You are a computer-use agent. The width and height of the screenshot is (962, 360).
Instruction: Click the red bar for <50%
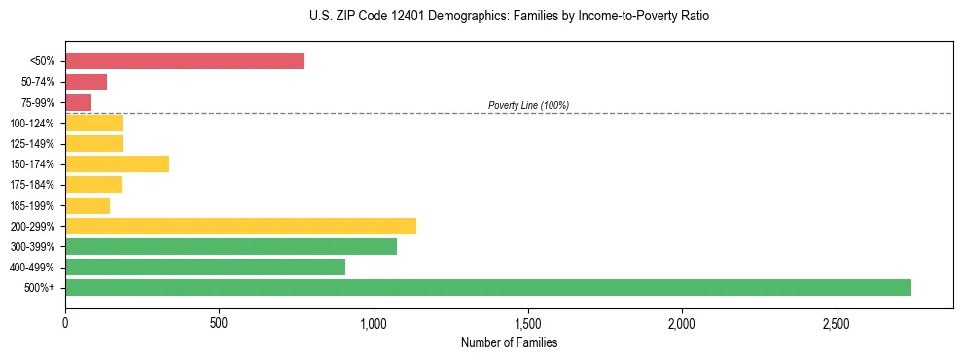pyautogui.click(x=185, y=61)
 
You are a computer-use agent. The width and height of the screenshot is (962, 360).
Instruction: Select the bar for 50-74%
pyautogui.click(x=86, y=82)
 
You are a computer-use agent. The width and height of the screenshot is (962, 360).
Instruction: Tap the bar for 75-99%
pyautogui.click(x=78, y=102)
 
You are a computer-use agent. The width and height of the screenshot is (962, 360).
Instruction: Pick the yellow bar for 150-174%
pyautogui.click(x=117, y=163)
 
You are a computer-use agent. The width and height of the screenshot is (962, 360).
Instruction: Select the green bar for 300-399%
pyautogui.click(x=231, y=246)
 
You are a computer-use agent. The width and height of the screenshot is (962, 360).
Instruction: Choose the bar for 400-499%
pyautogui.click(x=205, y=267)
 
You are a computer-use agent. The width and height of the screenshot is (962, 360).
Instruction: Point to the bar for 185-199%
pyautogui.click(x=88, y=205)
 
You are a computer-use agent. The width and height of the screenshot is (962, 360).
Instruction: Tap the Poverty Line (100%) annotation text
pyautogui.click(x=528, y=105)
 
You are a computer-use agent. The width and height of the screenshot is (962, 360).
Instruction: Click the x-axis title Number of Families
pyautogui.click(x=509, y=342)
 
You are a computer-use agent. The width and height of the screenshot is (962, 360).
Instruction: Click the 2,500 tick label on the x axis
pyautogui.click(x=836, y=322)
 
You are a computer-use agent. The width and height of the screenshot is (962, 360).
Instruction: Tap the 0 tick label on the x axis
pyautogui.click(x=65, y=322)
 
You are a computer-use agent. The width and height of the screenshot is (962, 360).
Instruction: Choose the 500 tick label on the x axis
pyautogui.click(x=219, y=322)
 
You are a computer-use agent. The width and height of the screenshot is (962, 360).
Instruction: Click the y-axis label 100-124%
pyautogui.click(x=32, y=124)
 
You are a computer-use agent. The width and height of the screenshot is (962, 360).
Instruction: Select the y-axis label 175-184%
pyautogui.click(x=32, y=185)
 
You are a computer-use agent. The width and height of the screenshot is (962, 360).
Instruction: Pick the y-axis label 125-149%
pyautogui.click(x=32, y=144)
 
